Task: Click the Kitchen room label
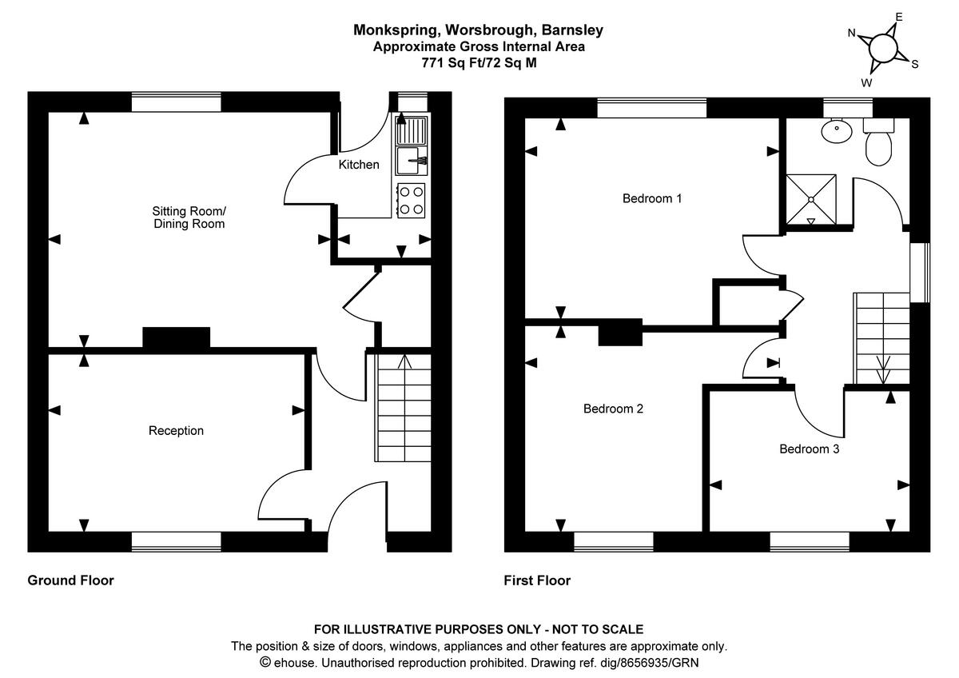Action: click(359, 165)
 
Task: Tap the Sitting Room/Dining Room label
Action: click(189, 217)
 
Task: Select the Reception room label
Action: click(176, 431)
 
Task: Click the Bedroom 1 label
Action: click(651, 198)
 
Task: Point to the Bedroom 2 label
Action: click(613, 409)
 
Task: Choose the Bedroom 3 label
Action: click(809, 449)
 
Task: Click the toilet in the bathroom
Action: click(877, 143)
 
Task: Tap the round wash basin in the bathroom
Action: click(836, 132)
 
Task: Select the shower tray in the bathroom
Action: click(812, 198)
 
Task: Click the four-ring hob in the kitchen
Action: click(412, 200)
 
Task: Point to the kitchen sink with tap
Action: click(412, 160)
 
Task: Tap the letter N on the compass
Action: click(852, 33)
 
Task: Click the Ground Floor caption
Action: click(70, 580)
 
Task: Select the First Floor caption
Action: click(537, 580)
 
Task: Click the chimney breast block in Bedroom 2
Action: click(620, 332)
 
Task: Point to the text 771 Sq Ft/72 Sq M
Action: click(479, 62)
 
